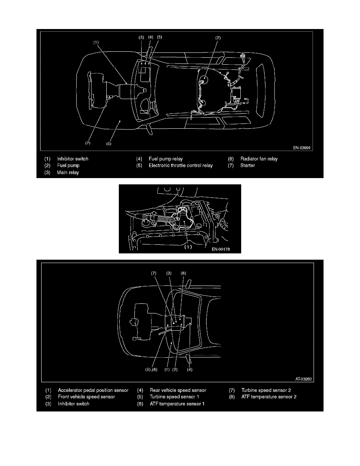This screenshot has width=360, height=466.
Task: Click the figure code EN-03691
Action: point(302,148)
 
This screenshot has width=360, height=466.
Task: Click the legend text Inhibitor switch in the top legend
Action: point(73,159)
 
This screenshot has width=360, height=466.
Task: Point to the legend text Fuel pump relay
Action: point(166,159)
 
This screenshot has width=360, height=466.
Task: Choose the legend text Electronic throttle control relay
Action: point(180,166)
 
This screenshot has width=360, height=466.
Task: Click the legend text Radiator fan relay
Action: point(259,159)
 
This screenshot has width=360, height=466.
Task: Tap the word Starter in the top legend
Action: point(248,166)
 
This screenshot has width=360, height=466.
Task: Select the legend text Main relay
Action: point(68,172)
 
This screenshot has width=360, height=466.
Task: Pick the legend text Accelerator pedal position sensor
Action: point(93,390)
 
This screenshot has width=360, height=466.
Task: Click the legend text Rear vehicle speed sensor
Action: point(178,390)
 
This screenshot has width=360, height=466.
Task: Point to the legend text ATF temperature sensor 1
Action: point(177,404)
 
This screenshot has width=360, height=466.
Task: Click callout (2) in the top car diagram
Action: point(218,38)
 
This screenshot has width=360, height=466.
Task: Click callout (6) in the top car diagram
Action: point(109,144)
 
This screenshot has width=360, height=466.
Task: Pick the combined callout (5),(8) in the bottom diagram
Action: point(149,369)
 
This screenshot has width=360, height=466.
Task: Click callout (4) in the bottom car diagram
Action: point(190,369)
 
